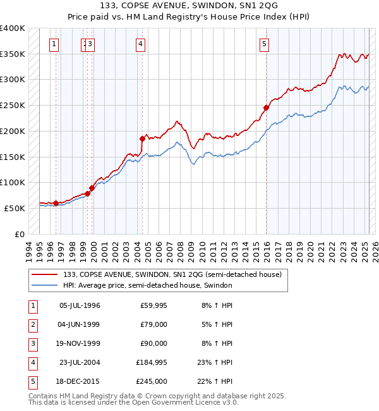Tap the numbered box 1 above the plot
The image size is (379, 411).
[x=54, y=44]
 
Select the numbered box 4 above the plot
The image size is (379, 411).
[x=140, y=44]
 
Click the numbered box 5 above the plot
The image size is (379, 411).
[x=264, y=44]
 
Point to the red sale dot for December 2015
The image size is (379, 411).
[x=266, y=108]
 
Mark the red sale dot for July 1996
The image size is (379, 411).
[x=56, y=203]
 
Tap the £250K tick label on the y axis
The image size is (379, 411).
[x=13, y=106]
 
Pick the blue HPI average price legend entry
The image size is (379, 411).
[x=148, y=286]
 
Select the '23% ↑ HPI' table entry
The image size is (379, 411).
[x=215, y=363]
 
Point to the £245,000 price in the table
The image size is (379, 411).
[x=152, y=382]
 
